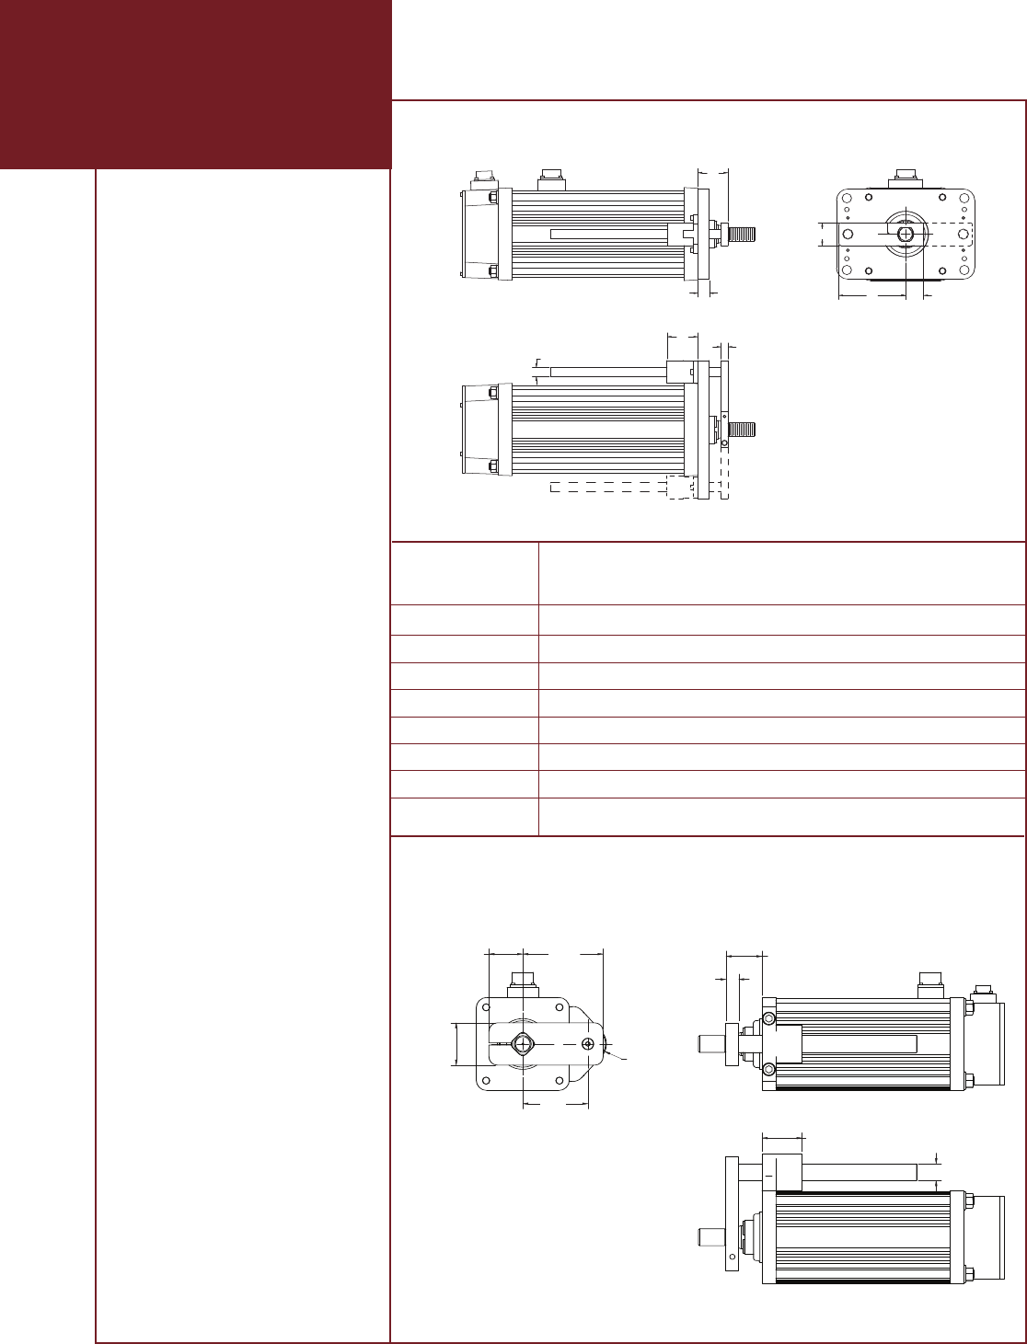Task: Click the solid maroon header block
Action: pyautogui.click(x=196, y=83)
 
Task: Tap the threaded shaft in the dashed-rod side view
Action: pyautogui.click(x=742, y=429)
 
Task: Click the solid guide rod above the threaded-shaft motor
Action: pyautogui.click(x=607, y=372)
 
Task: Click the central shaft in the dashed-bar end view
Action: pyautogui.click(x=906, y=234)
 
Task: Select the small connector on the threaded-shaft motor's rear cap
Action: pyautogui.click(x=480, y=177)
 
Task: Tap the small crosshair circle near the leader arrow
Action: pyautogui.click(x=588, y=1044)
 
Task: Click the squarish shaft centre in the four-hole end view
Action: pyautogui.click(x=522, y=1044)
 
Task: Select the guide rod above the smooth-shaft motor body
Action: pyautogui.click(x=847, y=1172)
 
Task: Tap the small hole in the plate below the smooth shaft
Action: pyautogui.click(x=732, y=1256)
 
